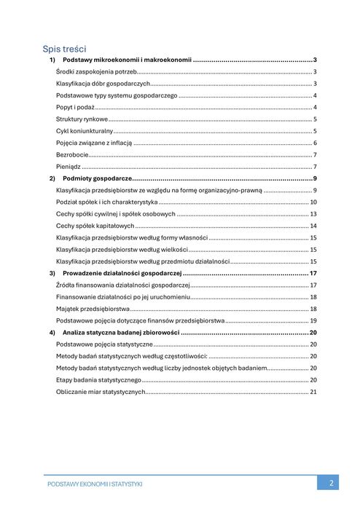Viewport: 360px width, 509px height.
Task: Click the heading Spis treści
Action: coord(65,48)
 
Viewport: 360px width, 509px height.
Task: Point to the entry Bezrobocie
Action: coord(72,154)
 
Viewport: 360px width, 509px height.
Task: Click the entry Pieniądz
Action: coord(69,167)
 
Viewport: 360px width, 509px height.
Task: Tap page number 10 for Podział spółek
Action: coord(313,202)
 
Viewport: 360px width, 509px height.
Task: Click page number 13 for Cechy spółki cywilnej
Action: coord(313,214)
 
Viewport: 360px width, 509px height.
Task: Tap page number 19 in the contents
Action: coord(313,320)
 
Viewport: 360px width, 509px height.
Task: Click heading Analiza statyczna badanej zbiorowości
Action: coord(121,332)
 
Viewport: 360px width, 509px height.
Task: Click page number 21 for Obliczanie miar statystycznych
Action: coord(313,392)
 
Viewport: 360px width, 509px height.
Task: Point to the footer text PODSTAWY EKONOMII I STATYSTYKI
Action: coord(94,484)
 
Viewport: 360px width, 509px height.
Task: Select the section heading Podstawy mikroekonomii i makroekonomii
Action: coord(127,60)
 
